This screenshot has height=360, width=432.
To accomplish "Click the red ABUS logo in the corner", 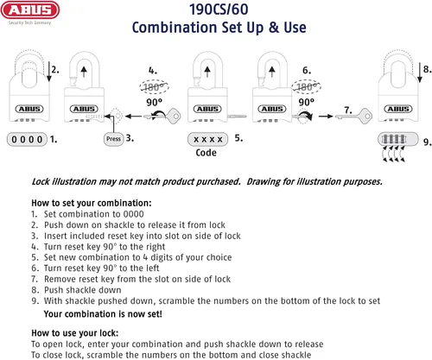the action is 30,10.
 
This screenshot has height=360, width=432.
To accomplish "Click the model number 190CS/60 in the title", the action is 219,9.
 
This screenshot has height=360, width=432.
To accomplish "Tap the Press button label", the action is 113,139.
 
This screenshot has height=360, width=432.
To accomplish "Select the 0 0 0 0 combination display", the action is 27,140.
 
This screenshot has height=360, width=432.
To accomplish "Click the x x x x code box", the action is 207,139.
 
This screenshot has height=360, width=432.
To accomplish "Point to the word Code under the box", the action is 206,153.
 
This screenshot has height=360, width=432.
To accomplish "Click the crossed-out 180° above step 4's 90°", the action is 154,86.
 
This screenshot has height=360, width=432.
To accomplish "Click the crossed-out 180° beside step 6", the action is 306,86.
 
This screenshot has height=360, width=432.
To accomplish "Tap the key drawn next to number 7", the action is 353,117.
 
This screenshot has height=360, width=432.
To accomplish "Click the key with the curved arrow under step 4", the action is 162,116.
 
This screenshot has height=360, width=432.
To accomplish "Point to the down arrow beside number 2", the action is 49,71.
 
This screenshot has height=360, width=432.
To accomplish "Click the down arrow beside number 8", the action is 420,72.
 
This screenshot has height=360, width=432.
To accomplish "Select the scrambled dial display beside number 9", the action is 398,139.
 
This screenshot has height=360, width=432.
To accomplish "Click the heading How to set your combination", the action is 92,203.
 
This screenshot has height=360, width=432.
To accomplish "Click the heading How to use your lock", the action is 75,333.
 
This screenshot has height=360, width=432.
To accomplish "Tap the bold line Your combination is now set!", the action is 103,313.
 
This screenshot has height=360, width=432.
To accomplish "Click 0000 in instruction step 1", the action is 133,214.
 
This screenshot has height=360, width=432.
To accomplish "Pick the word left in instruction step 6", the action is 150,268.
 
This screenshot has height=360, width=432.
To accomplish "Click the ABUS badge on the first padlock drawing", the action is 29,109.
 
